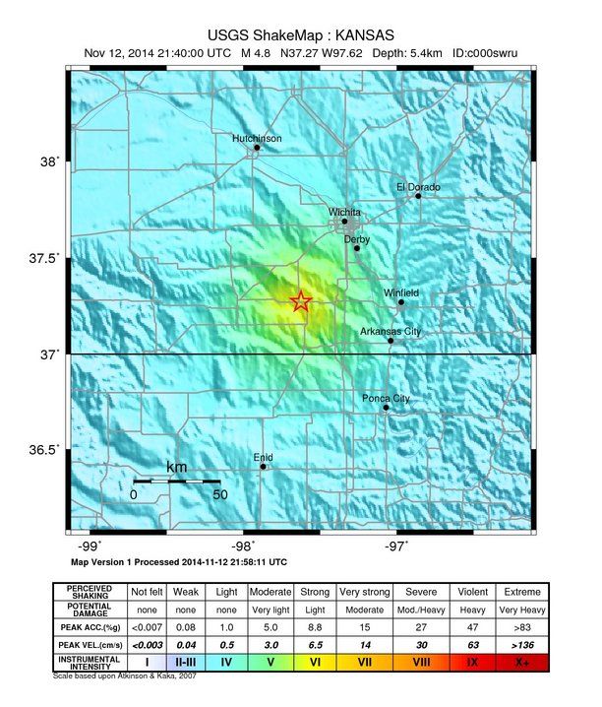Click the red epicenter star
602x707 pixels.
click(x=301, y=301)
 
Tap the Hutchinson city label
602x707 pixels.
click(x=257, y=139)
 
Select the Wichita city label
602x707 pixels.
click(x=344, y=212)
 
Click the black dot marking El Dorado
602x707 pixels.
click(x=418, y=196)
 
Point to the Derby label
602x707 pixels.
click(x=356, y=239)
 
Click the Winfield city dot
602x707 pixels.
click(x=401, y=302)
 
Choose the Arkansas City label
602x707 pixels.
click(x=390, y=332)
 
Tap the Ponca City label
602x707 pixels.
click(x=386, y=399)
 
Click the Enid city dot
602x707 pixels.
click(x=263, y=467)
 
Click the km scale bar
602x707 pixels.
click(x=176, y=481)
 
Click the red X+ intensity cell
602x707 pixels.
click(x=521, y=663)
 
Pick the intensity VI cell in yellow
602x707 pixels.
click(x=315, y=663)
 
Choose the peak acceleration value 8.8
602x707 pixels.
click(x=315, y=626)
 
